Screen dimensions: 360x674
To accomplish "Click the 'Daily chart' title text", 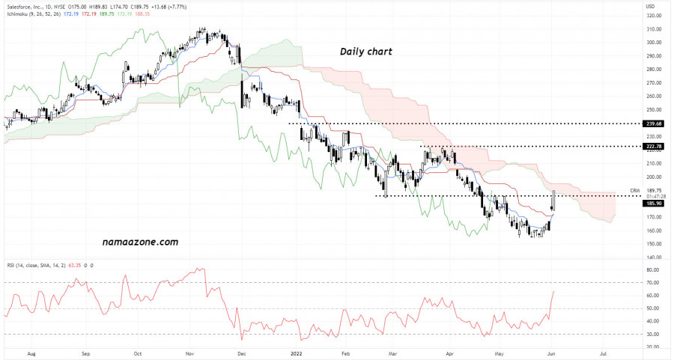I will (x=365, y=52).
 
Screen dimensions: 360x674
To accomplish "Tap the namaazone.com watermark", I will (x=140, y=242).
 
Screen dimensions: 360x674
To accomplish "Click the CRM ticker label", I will (x=634, y=190).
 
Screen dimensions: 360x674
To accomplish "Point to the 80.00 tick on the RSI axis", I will (x=653, y=269).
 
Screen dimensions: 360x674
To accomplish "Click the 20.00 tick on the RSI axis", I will (x=653, y=347).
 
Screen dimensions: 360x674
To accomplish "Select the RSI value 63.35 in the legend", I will (x=76, y=265).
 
